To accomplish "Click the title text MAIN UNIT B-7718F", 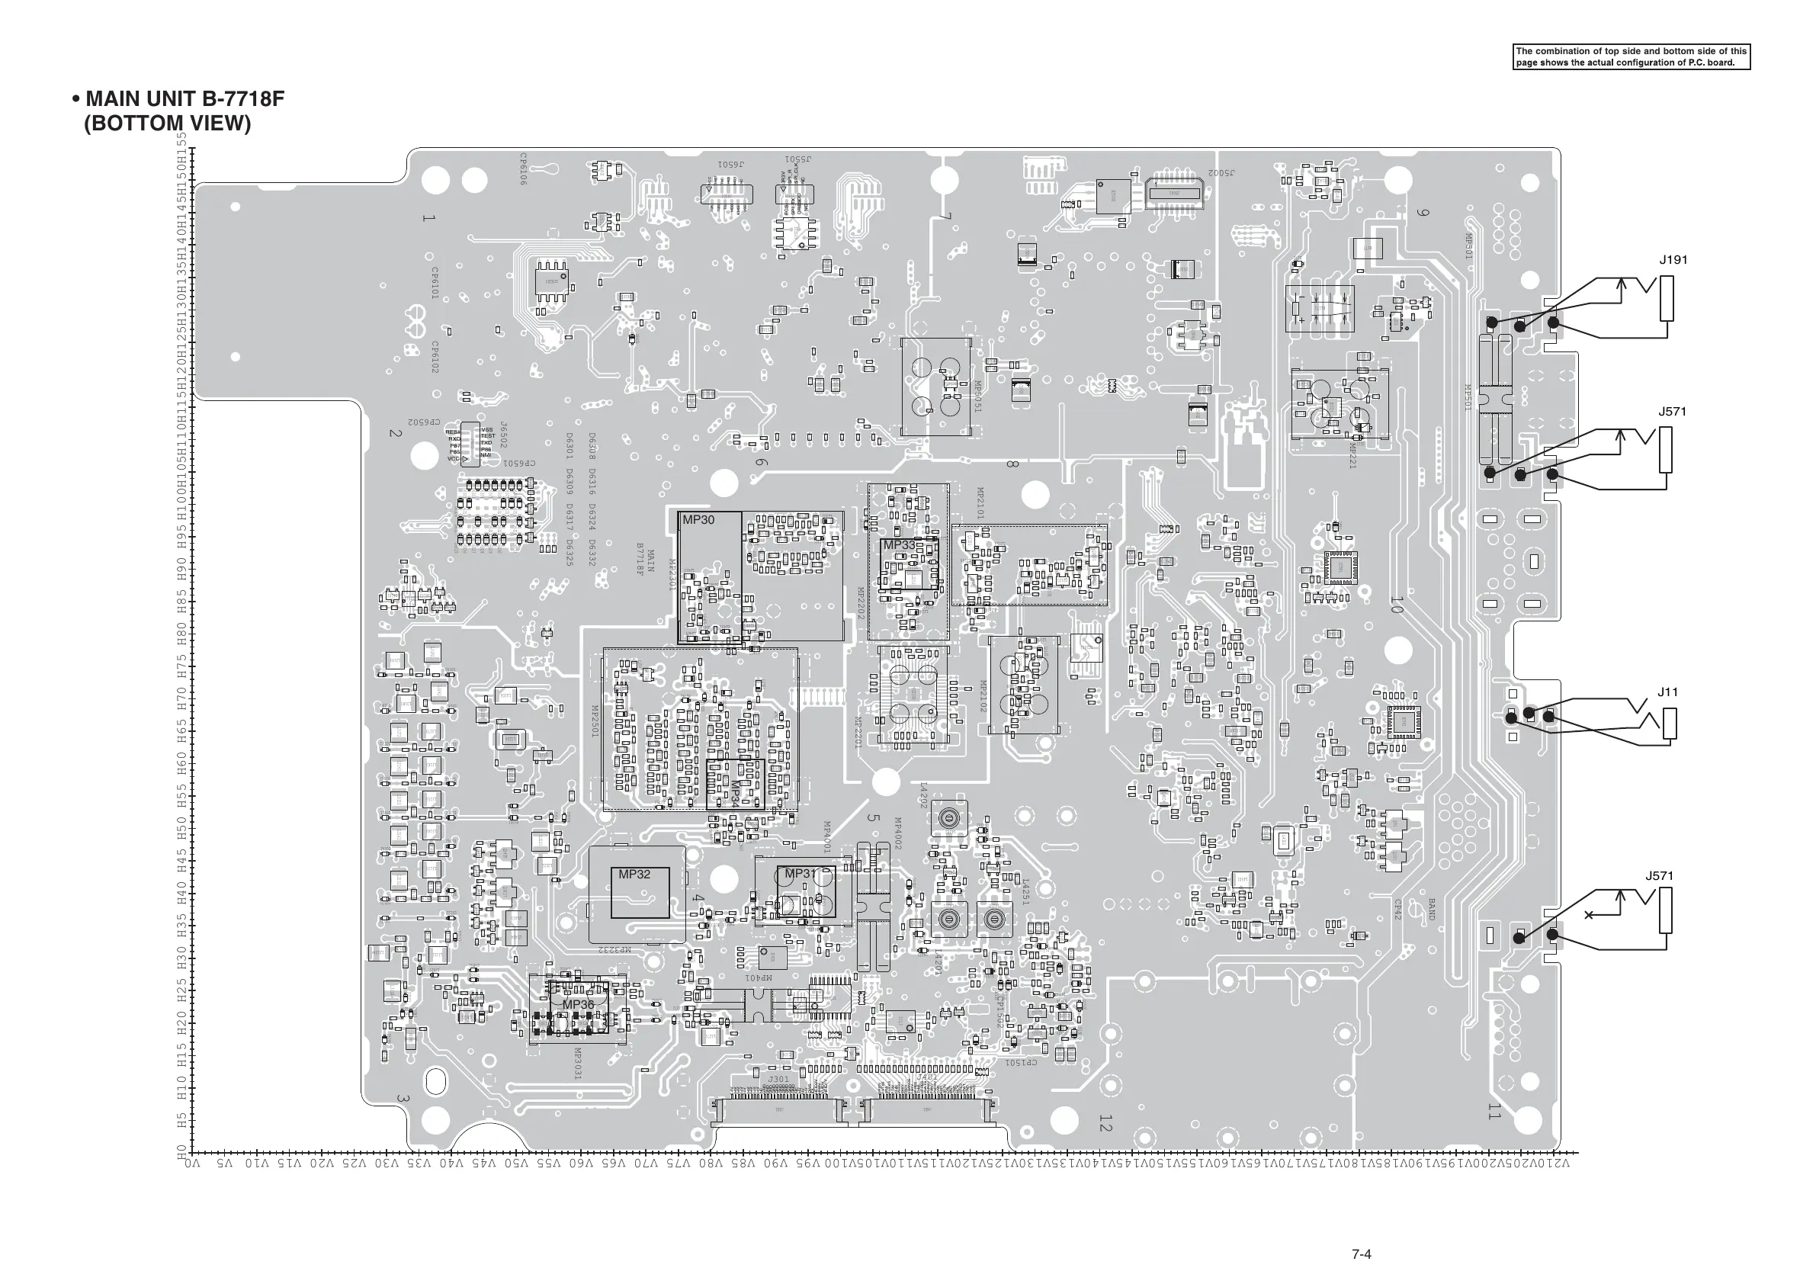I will [x=184, y=99].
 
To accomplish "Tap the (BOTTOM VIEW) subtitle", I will [x=167, y=124].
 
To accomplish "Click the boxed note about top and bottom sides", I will [x=1631, y=57].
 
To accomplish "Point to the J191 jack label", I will [x=1673, y=260].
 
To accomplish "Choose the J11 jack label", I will [x=1667, y=692].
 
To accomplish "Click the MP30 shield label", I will [x=698, y=520].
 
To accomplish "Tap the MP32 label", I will [x=634, y=875].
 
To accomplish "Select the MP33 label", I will [x=899, y=545].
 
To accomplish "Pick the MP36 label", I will [x=577, y=1005].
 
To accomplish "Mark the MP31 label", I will [x=800, y=873].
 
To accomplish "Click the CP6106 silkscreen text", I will [x=523, y=169].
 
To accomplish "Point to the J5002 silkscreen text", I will [x=1221, y=172].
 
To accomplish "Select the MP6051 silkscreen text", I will [x=977, y=397].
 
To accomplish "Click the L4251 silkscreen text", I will [x=1025, y=891].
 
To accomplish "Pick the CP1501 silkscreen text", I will [x=1020, y=1062].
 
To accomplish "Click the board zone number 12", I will [x=1105, y=1122].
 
